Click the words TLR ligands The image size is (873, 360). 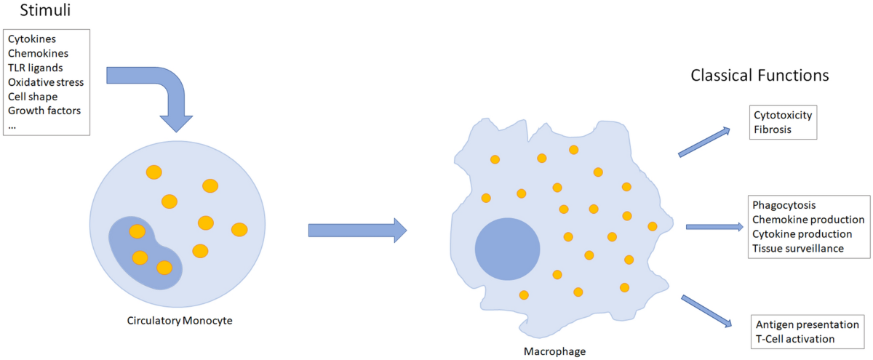click(x=36, y=68)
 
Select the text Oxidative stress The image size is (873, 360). click(x=46, y=82)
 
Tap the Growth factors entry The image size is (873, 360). click(x=44, y=111)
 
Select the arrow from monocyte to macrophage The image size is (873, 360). click(x=356, y=231)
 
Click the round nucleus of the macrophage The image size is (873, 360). click(x=507, y=248)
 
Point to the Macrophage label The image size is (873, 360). click(x=554, y=351)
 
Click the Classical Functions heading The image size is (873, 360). click(x=760, y=76)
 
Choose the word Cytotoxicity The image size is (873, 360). click(x=783, y=116)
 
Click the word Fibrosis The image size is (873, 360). click(x=772, y=129)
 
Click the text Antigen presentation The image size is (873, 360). click(x=808, y=325)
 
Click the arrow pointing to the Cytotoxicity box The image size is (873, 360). click(x=703, y=142)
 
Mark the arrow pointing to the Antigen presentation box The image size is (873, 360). click(x=706, y=310)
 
